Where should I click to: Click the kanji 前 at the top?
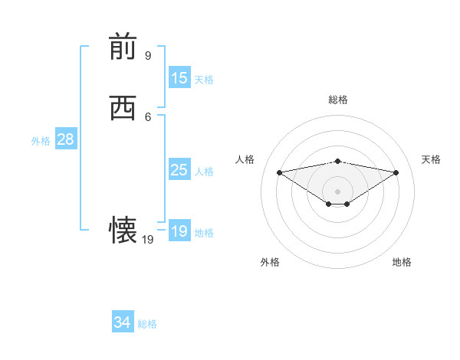123,47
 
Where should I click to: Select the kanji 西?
123,108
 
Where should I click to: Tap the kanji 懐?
123,230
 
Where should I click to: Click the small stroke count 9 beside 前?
148,56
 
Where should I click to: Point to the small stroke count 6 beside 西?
148,116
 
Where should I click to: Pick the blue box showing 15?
179,78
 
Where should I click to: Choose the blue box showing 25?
179,170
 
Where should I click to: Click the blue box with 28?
65,139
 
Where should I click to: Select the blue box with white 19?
179,231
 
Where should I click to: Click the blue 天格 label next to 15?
204,80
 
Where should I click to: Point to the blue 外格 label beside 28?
41,141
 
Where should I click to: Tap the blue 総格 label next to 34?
147,324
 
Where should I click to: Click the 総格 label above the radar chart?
338,100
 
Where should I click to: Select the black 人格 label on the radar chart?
245,159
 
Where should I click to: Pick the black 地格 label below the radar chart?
402,263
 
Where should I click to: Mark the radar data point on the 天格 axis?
396,172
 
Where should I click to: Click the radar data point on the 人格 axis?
280,172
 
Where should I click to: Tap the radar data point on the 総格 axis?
338,161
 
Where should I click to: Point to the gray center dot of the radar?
338,191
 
